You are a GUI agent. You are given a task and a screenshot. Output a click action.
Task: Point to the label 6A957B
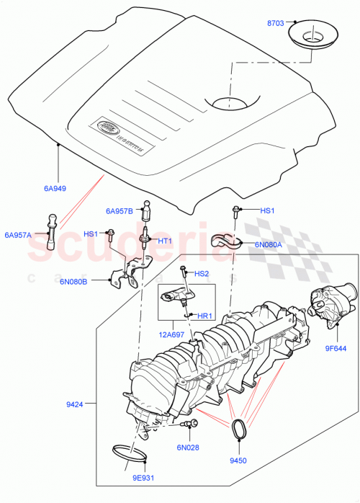pos(119,211)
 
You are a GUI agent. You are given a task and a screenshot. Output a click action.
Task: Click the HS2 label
pos(202,274)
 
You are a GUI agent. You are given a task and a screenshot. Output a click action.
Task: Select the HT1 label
pos(164,241)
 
